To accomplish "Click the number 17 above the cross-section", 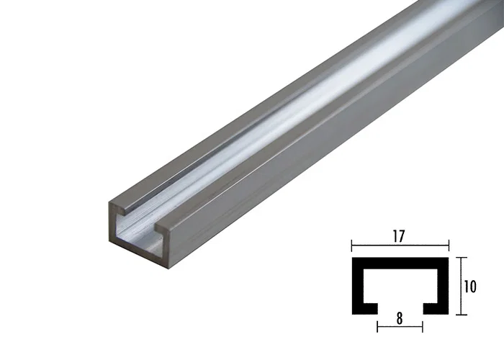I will pos(399,235).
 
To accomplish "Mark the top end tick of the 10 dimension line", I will pos(459,258).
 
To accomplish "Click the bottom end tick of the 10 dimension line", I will pos(459,314).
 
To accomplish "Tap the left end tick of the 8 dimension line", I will pos(377,326).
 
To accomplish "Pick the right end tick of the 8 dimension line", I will pos(423,326).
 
